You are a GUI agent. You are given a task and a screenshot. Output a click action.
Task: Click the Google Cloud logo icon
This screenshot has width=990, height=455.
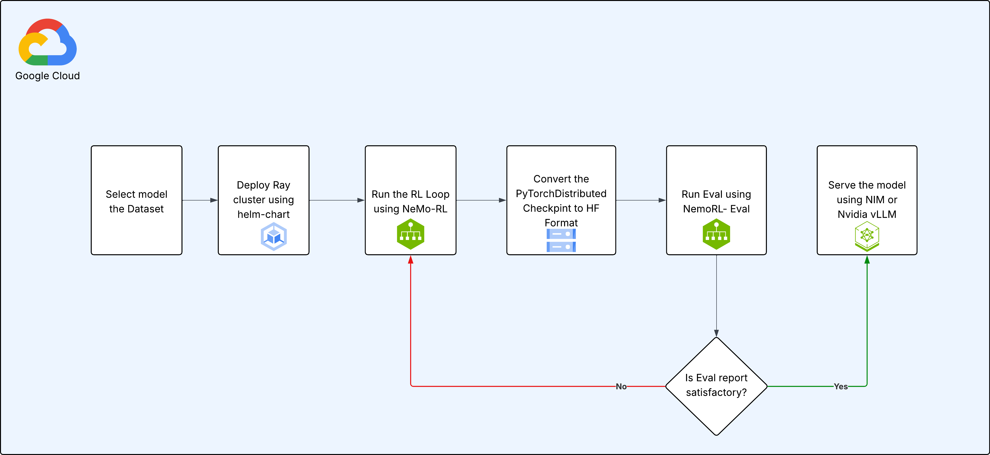(48, 42)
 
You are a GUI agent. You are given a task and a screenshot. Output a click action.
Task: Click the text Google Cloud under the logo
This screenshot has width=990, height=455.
(48, 76)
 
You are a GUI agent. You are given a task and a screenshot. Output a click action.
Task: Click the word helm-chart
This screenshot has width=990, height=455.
(263, 214)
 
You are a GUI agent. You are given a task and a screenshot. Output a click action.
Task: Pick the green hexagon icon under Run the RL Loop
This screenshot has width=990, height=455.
(410, 234)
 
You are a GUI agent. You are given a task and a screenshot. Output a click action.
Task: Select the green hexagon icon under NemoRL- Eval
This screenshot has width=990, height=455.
(716, 234)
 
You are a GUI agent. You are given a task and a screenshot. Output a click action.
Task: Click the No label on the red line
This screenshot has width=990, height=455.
(621, 386)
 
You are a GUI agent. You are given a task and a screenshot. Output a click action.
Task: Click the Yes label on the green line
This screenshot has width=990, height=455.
(840, 386)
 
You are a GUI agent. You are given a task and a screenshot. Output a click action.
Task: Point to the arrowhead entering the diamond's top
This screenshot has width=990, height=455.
(716, 333)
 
